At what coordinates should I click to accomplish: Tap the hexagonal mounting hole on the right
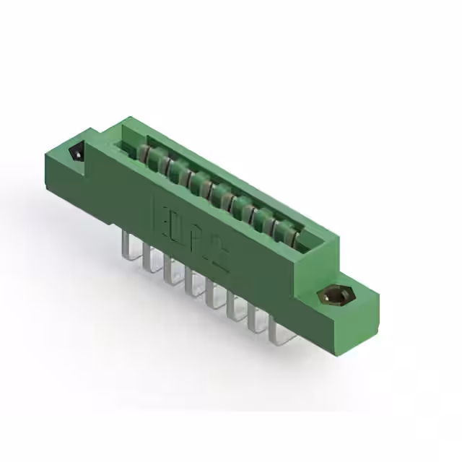click(x=333, y=296)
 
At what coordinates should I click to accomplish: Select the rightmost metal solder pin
click(x=275, y=331)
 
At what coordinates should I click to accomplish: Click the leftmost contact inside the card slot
click(x=144, y=152)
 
